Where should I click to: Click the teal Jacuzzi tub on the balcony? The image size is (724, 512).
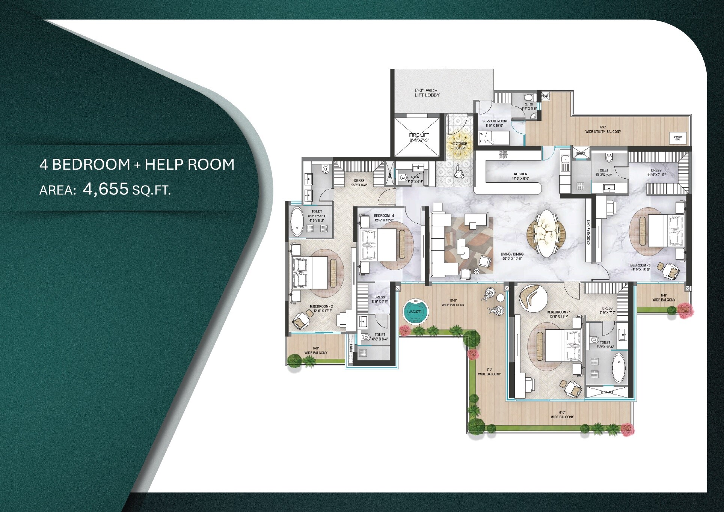[x=415, y=312]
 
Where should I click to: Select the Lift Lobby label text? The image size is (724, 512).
[x=427, y=93]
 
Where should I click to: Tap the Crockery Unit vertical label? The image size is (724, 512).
[x=588, y=232]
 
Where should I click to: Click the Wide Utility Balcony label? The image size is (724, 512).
[x=602, y=130]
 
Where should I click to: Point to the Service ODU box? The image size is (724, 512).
[x=678, y=138]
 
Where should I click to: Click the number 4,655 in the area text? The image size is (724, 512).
[x=106, y=189]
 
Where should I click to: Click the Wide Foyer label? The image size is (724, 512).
[x=460, y=146]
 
